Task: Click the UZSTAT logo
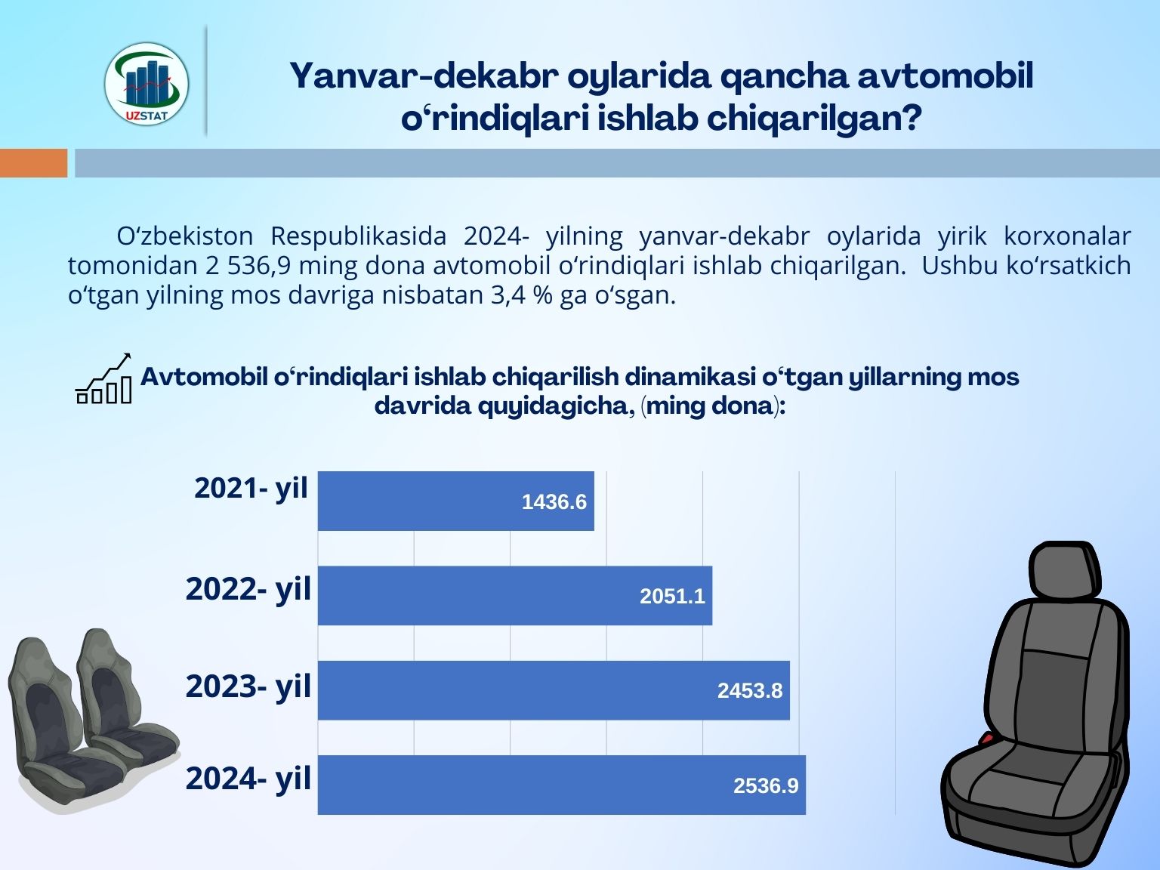click(x=147, y=84)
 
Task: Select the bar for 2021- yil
click(x=456, y=501)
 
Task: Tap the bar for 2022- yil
click(x=515, y=595)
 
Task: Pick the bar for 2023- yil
click(x=554, y=690)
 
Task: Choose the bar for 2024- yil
click(x=562, y=785)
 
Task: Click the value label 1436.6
click(x=554, y=501)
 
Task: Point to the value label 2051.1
click(x=672, y=597)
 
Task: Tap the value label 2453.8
click(x=749, y=691)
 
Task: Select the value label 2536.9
click(x=766, y=786)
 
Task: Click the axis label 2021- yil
click(x=251, y=489)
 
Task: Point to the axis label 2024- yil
click(x=248, y=779)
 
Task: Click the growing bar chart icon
click(x=103, y=378)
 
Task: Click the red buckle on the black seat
click(x=986, y=737)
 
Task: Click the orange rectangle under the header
click(x=34, y=163)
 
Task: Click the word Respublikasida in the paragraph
click(x=358, y=236)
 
